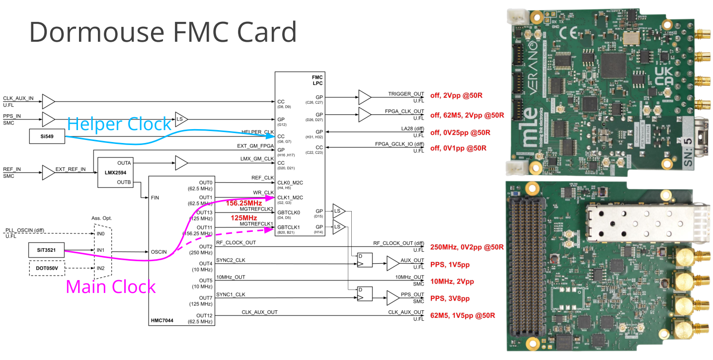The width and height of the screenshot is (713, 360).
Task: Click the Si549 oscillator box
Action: tap(47, 136)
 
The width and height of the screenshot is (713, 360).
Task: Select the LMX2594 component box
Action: tap(116, 173)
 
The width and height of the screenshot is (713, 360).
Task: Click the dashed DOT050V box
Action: tap(47, 268)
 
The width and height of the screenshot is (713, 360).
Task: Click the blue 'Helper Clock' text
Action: tap(119, 124)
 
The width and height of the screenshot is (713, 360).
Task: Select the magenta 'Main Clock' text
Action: tap(111, 287)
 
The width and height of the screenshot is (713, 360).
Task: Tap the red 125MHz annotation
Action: tap(243, 218)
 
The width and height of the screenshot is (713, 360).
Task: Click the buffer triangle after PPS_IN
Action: tap(48, 119)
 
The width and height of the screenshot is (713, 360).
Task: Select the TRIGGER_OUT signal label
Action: tap(406, 94)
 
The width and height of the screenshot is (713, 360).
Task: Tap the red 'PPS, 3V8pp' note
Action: tap(450, 298)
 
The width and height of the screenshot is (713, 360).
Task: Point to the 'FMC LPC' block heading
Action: tap(317, 79)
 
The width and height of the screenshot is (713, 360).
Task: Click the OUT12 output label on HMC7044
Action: tap(204, 315)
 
